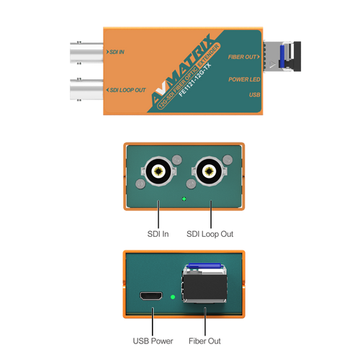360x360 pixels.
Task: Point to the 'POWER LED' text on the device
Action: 244,79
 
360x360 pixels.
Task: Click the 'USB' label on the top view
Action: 255,95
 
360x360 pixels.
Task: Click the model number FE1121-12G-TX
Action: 195,80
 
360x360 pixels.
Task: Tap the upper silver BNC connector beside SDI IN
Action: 86,53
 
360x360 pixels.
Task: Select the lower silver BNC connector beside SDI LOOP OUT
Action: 86,89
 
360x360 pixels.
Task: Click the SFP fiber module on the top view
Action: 282,56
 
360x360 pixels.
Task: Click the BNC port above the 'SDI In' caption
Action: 158,171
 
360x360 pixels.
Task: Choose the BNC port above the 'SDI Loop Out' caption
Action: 210,171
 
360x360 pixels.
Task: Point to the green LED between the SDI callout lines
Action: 184,199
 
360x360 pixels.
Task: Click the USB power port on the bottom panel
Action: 151,296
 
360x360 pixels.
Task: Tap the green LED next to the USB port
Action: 173,297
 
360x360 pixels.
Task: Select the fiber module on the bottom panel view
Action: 204,283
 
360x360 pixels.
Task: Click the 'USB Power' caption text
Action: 153,341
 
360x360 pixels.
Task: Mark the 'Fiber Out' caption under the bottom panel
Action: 204,341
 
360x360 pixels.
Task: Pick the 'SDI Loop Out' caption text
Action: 210,234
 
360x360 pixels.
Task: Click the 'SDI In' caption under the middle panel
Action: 158,234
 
